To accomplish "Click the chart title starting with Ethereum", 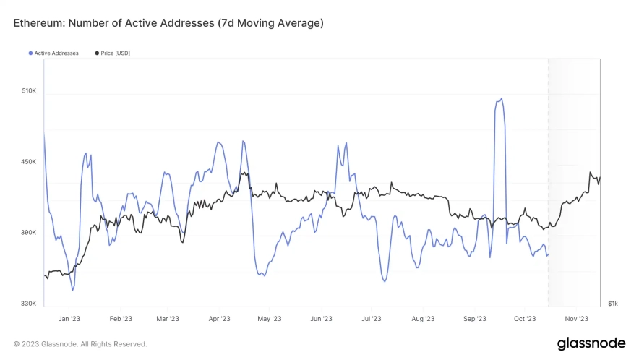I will (168, 23).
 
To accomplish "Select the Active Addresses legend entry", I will (54, 53).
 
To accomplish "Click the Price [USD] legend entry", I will (113, 53).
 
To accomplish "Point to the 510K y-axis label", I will (28, 91).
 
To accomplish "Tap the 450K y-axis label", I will (28, 162).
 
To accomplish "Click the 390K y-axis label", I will (28, 233).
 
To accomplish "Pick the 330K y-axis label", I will (28, 304).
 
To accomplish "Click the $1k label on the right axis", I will (612, 304).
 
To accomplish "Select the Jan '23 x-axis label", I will (69, 318).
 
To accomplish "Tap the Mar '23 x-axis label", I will (167, 318).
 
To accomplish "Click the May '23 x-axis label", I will (268, 318).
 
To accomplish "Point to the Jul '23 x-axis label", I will (371, 318).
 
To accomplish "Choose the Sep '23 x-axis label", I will (474, 318).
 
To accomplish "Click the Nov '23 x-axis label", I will (577, 318).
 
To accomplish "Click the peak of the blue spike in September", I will (501, 99).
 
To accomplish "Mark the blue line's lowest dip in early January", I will (73, 290).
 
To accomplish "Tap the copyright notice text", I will (80, 344).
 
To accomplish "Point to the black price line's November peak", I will (591, 173).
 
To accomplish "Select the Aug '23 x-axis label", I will (423, 318).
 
